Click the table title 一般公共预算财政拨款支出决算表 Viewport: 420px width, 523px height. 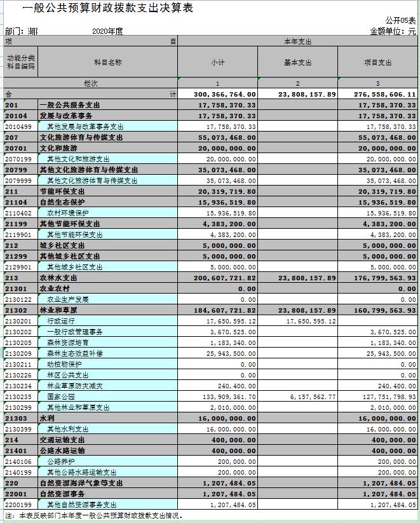click(107, 8)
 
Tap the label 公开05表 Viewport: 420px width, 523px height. click(400, 21)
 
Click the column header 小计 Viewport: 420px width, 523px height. click(218, 62)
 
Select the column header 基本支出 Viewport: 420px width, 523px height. click(297, 62)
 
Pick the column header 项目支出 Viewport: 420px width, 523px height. click(377, 62)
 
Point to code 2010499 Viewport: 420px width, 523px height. click(18, 126)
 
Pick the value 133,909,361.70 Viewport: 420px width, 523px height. click(227, 397)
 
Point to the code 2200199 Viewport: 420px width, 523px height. click(18, 505)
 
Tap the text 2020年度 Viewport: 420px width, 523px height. click(107, 31)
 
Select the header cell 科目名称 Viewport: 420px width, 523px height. click(107, 62)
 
